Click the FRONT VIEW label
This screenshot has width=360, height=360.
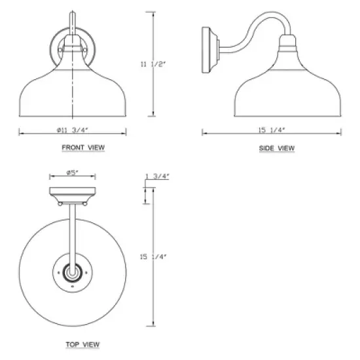coord(83,147)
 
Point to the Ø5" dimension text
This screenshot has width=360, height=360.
coord(72,172)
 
